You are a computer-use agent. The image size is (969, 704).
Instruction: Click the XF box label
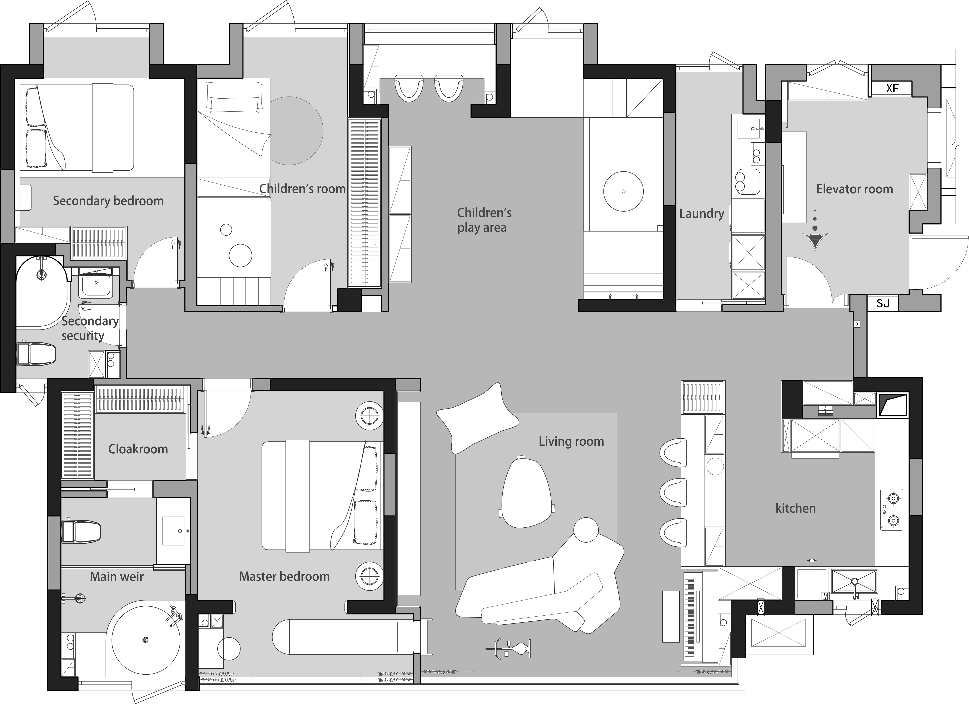(892, 88)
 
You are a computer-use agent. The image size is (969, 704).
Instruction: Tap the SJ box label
(883, 303)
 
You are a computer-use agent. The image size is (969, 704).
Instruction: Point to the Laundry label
(702, 214)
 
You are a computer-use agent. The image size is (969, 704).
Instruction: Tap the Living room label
(571, 441)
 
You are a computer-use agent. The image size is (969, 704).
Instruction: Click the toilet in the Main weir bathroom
(81, 531)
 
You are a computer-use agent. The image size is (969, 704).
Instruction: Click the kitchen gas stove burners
(892, 509)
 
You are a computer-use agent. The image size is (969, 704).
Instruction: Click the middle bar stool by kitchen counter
(673, 492)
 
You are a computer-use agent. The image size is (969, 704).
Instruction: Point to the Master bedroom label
(284, 577)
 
